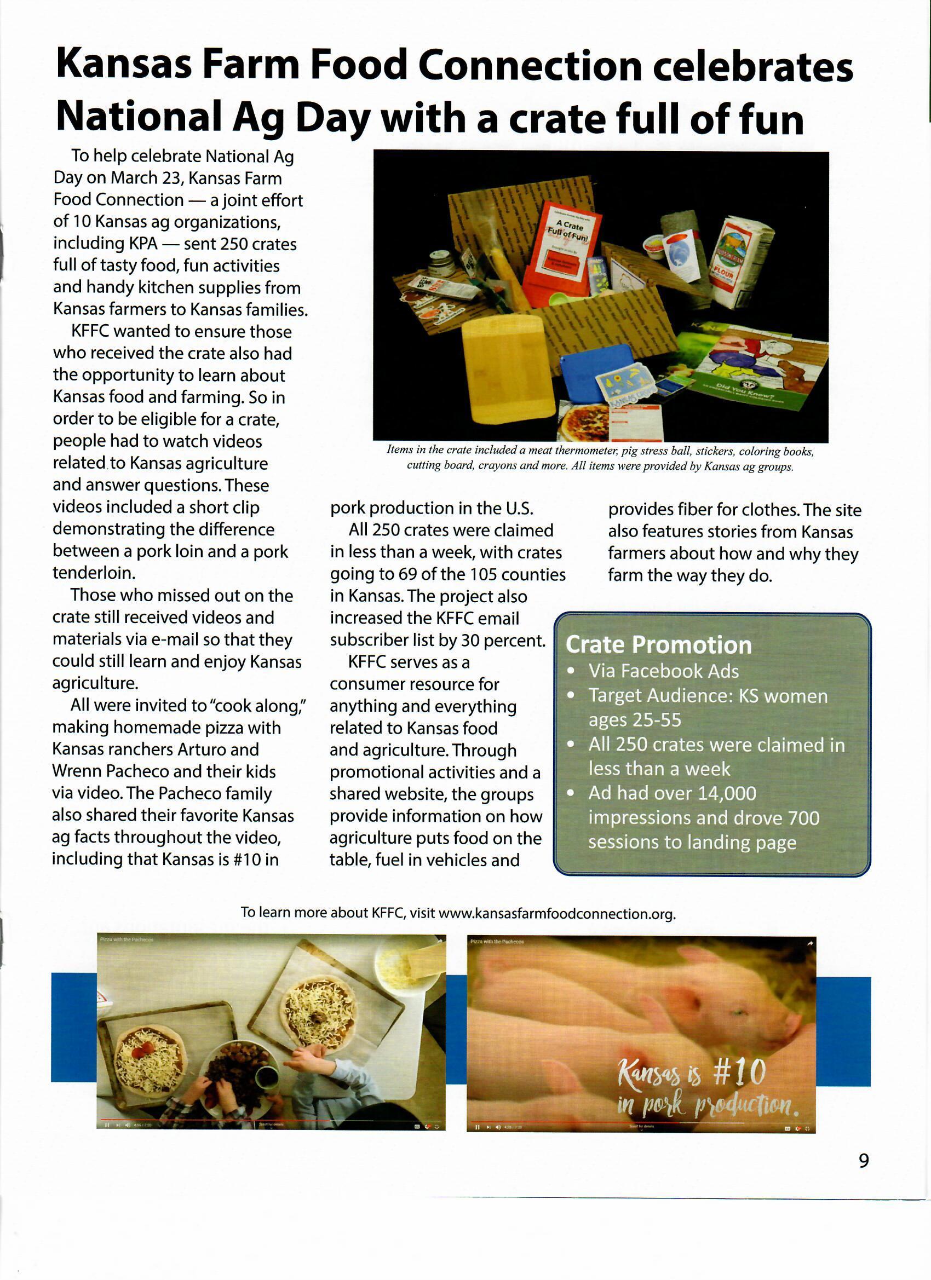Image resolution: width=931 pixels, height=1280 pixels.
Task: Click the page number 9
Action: click(x=863, y=1160)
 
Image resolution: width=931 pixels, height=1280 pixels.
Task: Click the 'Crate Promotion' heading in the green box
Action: click(x=658, y=645)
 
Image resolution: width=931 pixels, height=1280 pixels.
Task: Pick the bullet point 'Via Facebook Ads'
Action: click(x=663, y=671)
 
